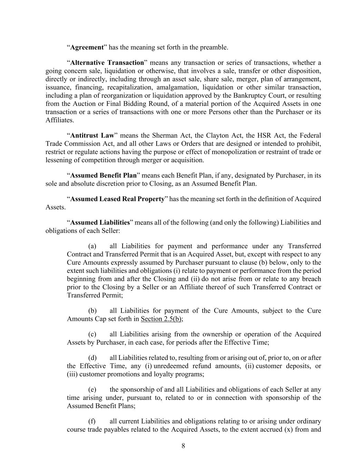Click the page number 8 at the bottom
tap(183, 446)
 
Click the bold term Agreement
tap(87, 47)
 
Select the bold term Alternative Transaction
tap(107, 63)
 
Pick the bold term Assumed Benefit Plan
tap(104, 175)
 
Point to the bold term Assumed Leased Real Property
tap(117, 199)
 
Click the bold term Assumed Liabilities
tap(100, 223)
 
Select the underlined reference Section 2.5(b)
tap(161, 319)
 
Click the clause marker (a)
tap(92, 246)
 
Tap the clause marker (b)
tap(92, 311)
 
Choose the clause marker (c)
tap(92, 334)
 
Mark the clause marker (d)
tap(92, 358)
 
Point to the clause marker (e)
tap(92, 390)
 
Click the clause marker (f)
tap(92, 421)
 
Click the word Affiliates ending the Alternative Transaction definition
tap(59, 120)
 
